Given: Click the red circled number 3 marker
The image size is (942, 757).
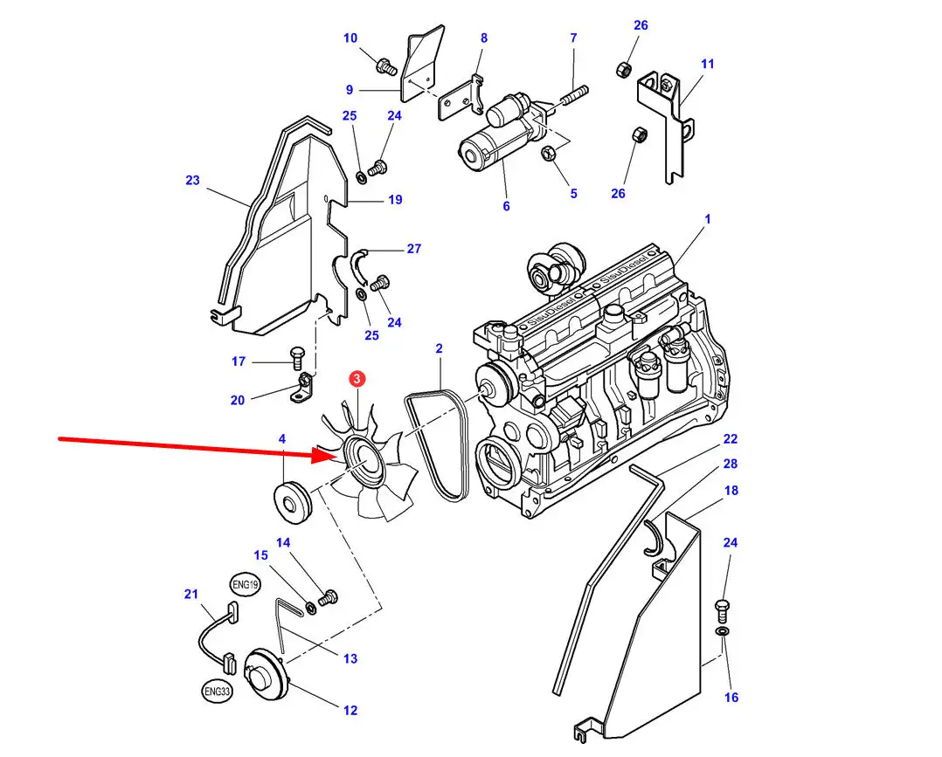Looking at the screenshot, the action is point(357,379).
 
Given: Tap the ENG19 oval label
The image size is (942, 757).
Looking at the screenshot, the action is point(245,584).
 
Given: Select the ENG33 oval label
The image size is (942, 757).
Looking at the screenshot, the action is point(217,691).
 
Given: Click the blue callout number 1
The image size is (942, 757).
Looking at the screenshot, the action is point(707,219).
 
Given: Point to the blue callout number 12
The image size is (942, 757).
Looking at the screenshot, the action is point(350,710).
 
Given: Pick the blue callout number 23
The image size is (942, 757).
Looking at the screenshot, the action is point(192,180).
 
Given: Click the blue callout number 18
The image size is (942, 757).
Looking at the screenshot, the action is point(731,491).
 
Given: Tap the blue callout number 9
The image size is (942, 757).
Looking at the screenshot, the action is point(349,90).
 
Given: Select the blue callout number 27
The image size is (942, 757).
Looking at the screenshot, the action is point(414,249).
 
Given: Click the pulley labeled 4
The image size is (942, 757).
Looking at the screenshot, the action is point(292,498).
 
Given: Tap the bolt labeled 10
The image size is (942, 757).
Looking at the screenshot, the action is point(385,65).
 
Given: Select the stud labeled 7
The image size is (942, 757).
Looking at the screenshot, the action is point(574,95).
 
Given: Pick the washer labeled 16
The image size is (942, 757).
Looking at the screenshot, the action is point(723,631).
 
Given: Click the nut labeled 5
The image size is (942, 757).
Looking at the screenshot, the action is point(548,154).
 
